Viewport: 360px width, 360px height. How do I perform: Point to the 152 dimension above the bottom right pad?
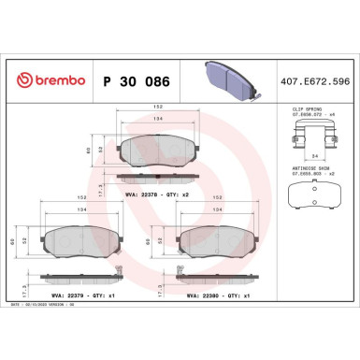pyautogui.click(x=217, y=198)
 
